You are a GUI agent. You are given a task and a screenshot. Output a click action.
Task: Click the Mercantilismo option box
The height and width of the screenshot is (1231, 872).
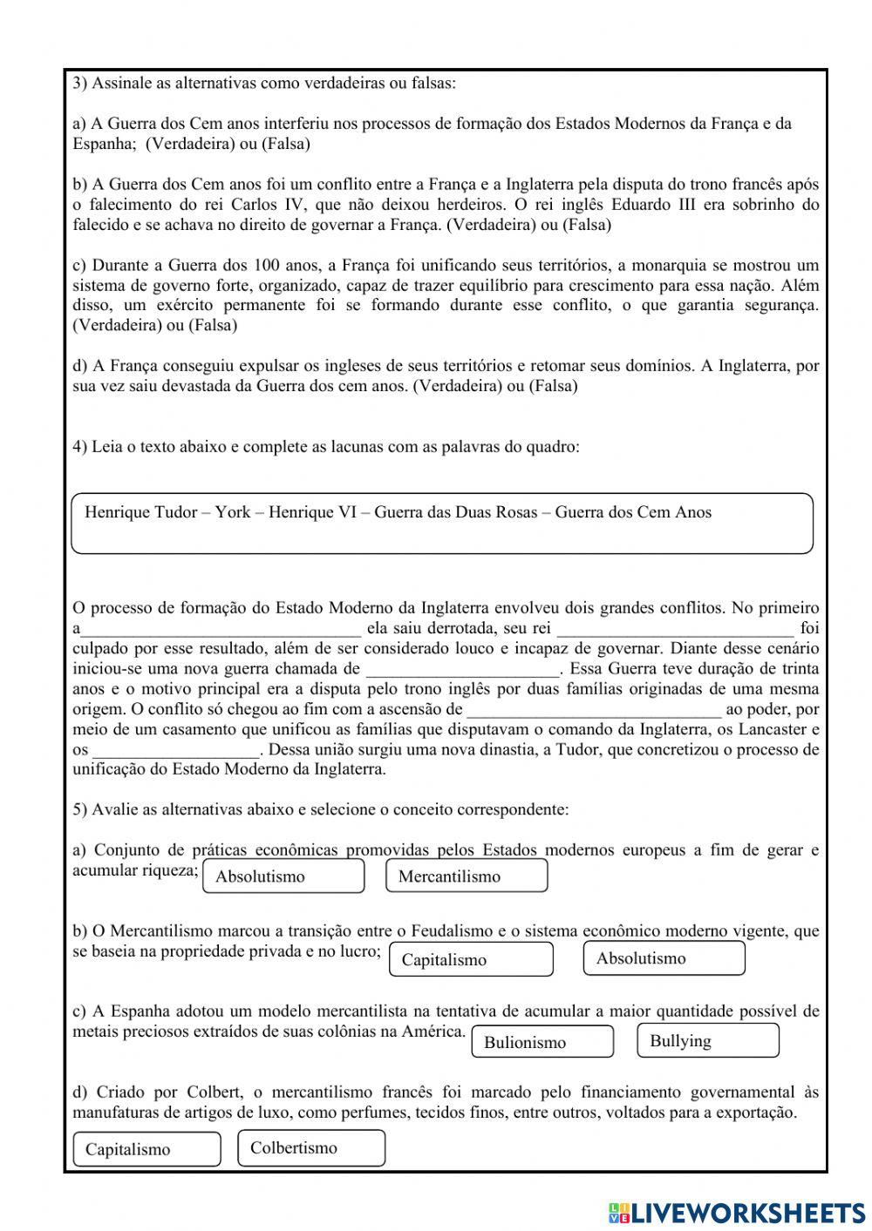click(467, 876)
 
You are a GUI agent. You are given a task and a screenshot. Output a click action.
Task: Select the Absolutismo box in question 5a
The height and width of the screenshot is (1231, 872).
click(283, 876)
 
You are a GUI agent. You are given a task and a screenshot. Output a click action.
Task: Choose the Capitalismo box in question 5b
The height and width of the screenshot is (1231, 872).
click(471, 959)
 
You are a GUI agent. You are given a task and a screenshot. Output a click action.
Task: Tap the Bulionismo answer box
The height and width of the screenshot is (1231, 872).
click(542, 1042)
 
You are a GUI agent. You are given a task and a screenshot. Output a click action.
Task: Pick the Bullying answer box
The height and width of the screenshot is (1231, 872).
click(708, 1040)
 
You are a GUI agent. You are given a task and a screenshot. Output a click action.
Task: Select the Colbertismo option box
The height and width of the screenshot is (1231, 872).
click(310, 1147)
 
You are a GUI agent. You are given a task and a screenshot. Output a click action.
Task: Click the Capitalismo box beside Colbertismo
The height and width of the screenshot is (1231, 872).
click(146, 1149)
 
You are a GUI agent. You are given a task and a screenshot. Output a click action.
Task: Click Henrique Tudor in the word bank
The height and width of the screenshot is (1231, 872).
click(140, 512)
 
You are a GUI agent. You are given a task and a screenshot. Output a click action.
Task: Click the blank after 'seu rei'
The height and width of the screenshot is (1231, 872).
click(675, 628)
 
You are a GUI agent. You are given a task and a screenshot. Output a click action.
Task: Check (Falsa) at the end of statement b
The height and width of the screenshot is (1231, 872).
click(587, 225)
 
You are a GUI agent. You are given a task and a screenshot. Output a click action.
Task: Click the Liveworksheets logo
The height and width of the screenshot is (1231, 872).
click(737, 1212)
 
